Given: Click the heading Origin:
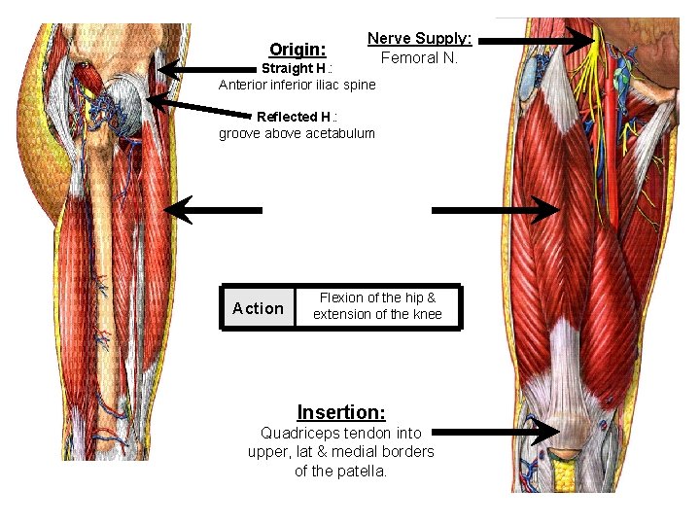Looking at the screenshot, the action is [297, 49].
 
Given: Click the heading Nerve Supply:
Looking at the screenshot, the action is [419, 39].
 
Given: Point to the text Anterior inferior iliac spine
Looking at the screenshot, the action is [297, 85].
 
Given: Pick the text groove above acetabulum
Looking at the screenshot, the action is [297, 133].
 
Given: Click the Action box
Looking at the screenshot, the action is [259, 308].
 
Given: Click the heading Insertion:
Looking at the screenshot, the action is [341, 412].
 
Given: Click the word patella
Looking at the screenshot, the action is [365, 471].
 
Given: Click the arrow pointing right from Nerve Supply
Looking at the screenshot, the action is [535, 41].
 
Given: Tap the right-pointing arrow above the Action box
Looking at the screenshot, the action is [496, 209].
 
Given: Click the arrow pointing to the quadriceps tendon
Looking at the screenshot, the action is [496, 431].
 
